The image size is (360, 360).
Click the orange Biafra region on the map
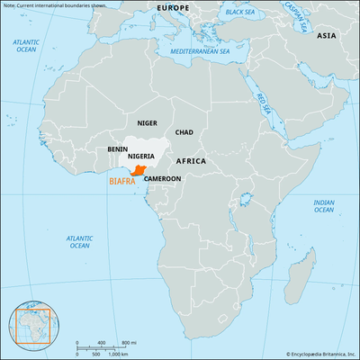[139, 170]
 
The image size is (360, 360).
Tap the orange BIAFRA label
[122, 181]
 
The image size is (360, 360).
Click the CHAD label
[184, 132]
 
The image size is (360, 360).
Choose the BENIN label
[116, 148]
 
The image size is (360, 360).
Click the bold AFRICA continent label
[192, 160]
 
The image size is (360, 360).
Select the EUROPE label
[174, 8]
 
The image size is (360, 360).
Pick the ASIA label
[326, 35]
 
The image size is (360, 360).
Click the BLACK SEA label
[239, 13]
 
